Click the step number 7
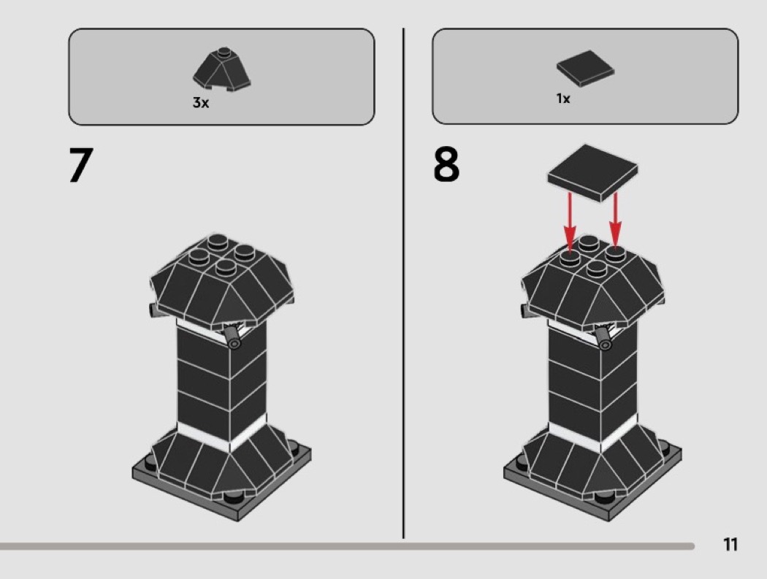(x=81, y=166)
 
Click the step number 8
(x=446, y=166)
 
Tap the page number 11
(x=730, y=545)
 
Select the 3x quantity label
(x=201, y=103)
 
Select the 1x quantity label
(x=563, y=98)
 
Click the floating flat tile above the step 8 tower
(x=592, y=172)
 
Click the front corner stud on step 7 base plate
(x=233, y=498)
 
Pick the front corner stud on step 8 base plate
(x=604, y=498)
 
